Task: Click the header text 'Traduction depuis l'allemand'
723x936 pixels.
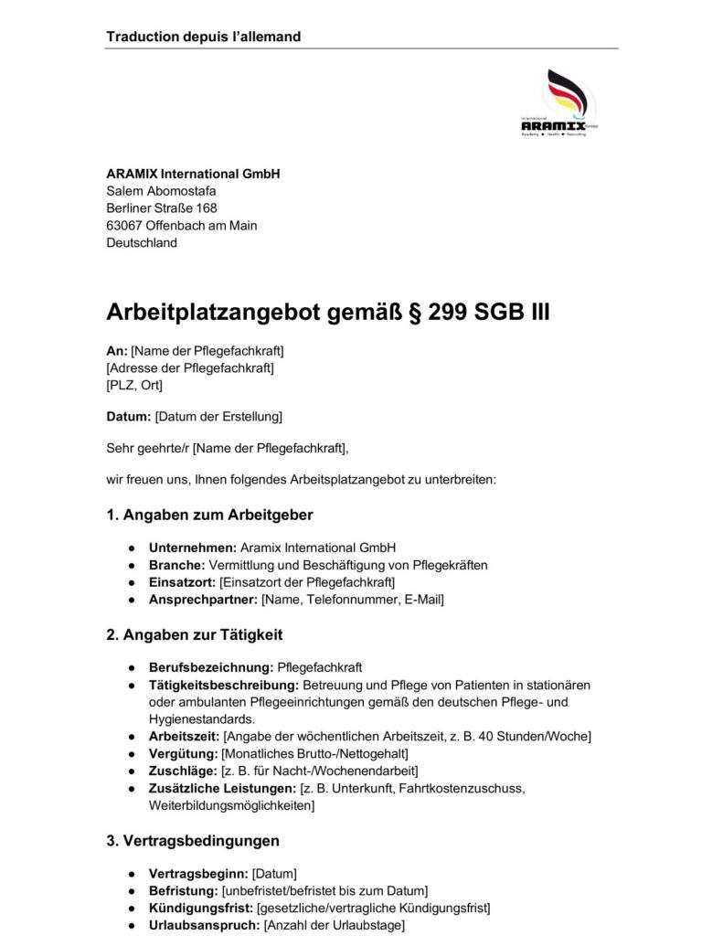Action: coord(203,37)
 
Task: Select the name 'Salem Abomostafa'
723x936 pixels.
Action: coord(161,191)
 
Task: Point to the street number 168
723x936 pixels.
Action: coord(206,208)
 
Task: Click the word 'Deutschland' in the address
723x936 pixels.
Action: coord(142,243)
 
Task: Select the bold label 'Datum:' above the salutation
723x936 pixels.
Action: coord(128,417)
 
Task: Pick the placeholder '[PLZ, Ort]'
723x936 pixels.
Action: coord(134,385)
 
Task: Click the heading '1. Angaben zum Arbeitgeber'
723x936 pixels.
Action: coord(209,515)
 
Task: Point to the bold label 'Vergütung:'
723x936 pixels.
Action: coord(183,753)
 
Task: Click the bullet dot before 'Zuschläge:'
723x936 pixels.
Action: coord(133,771)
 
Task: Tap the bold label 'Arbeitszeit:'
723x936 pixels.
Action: coord(184,736)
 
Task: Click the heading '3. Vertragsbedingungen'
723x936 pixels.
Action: coord(193,840)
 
